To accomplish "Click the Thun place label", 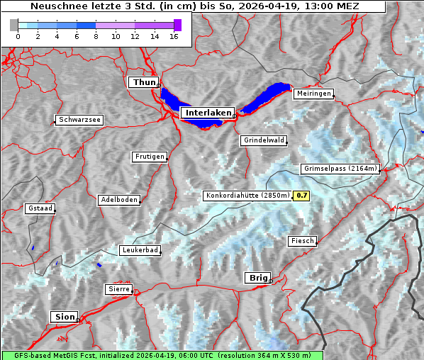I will tap(143, 83).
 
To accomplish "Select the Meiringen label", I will tap(313, 94).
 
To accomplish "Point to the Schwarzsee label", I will tap(79, 120).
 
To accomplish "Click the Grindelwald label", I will tap(264, 140).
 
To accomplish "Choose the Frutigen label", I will tap(149, 157).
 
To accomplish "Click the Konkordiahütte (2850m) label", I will tap(247, 196).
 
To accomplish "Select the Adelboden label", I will tap(119, 200).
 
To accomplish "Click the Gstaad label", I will tap(40, 209).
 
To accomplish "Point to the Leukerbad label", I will tap(140, 250).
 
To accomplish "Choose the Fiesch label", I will tap(302, 241).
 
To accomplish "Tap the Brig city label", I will tap(256, 278).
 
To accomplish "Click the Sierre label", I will tap(118, 289).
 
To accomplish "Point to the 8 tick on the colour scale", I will tap(96, 37).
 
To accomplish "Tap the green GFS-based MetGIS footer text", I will tap(162, 355).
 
